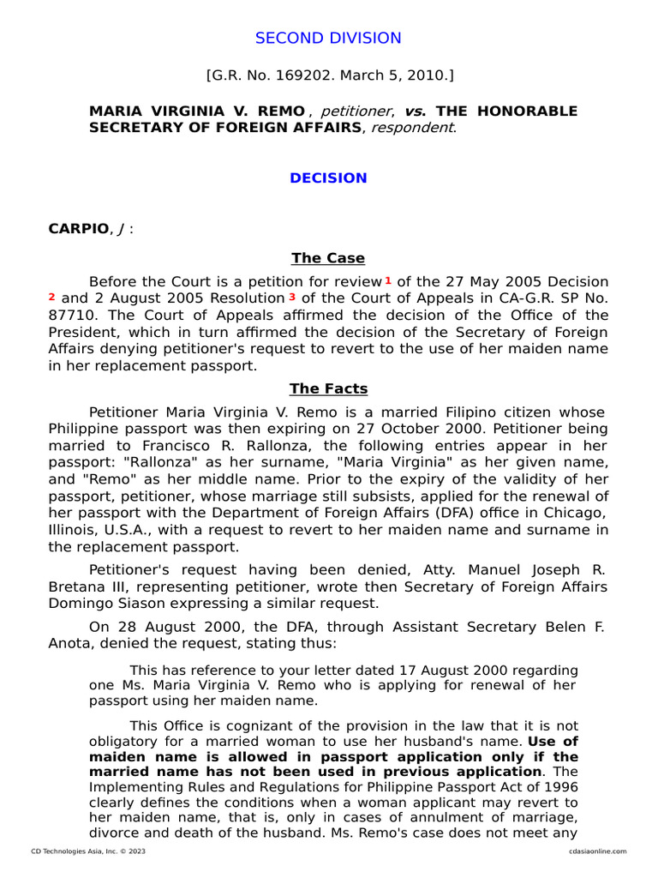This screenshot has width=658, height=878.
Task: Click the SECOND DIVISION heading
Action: coord(329,38)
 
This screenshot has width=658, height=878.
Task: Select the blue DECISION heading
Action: coord(328,178)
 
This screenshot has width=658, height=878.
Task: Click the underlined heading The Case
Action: coord(328,258)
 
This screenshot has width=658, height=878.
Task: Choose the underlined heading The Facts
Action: coord(328,389)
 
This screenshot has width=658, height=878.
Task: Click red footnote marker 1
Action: coord(388,280)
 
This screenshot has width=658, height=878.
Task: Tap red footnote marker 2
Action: coord(52,297)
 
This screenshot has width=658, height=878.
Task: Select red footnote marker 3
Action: coord(292,297)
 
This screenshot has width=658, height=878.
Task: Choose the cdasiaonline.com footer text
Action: coord(596,851)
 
